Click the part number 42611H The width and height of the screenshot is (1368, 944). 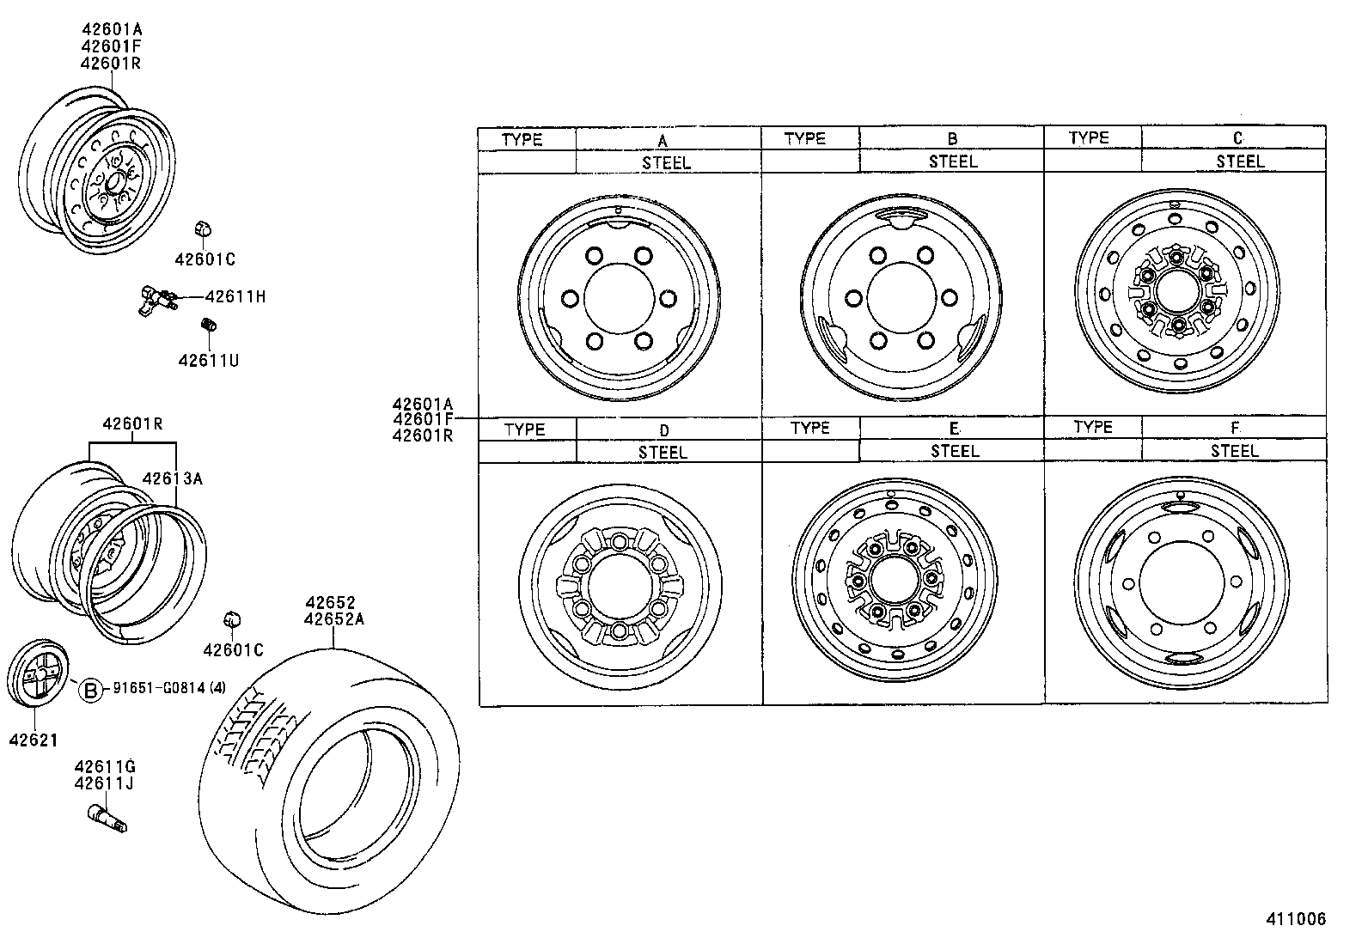[235, 297]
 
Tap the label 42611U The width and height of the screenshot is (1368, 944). [208, 361]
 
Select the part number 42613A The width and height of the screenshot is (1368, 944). [172, 479]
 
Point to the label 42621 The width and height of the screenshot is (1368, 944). [34, 740]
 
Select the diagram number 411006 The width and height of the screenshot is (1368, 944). [1295, 919]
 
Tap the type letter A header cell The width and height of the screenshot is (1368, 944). [663, 140]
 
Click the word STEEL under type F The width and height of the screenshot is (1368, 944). [1234, 451]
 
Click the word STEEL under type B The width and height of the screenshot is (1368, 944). [952, 161]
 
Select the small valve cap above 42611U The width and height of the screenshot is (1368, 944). [207, 325]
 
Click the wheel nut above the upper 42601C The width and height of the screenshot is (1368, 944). [203, 230]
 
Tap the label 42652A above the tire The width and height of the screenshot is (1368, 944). [333, 618]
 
